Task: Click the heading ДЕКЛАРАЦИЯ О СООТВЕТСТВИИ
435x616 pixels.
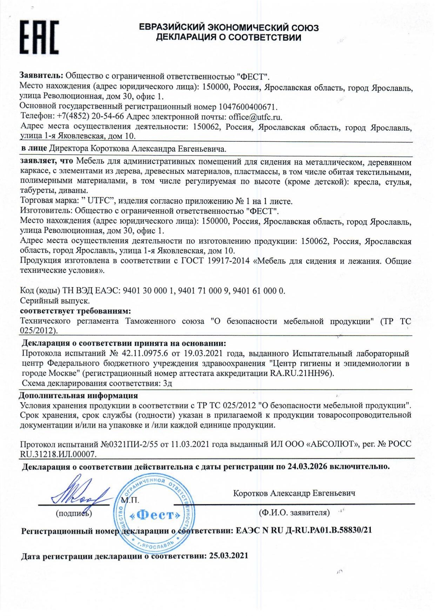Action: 228,38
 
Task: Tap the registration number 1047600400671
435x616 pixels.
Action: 248,107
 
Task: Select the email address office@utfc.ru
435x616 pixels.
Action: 255,117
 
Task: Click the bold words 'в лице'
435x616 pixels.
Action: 34,149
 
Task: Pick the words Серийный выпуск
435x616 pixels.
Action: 55,301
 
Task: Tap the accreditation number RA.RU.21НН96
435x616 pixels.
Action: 301,373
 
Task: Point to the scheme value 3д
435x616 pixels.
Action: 168,383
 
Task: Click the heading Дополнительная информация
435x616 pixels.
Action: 78,396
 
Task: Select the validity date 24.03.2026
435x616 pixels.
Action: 307,466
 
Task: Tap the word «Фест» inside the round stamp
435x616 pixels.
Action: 155,515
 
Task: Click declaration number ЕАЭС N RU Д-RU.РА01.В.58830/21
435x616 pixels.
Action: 304,530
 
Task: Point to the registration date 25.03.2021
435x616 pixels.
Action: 228,556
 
